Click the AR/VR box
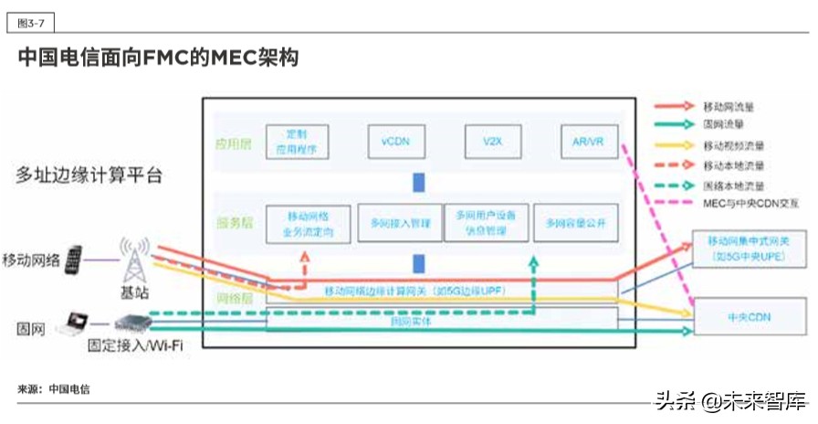tap(588, 143)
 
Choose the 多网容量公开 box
tap(575, 222)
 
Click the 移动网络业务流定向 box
tap(307, 222)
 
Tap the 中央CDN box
tap(749, 316)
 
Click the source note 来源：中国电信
tap(54, 389)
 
